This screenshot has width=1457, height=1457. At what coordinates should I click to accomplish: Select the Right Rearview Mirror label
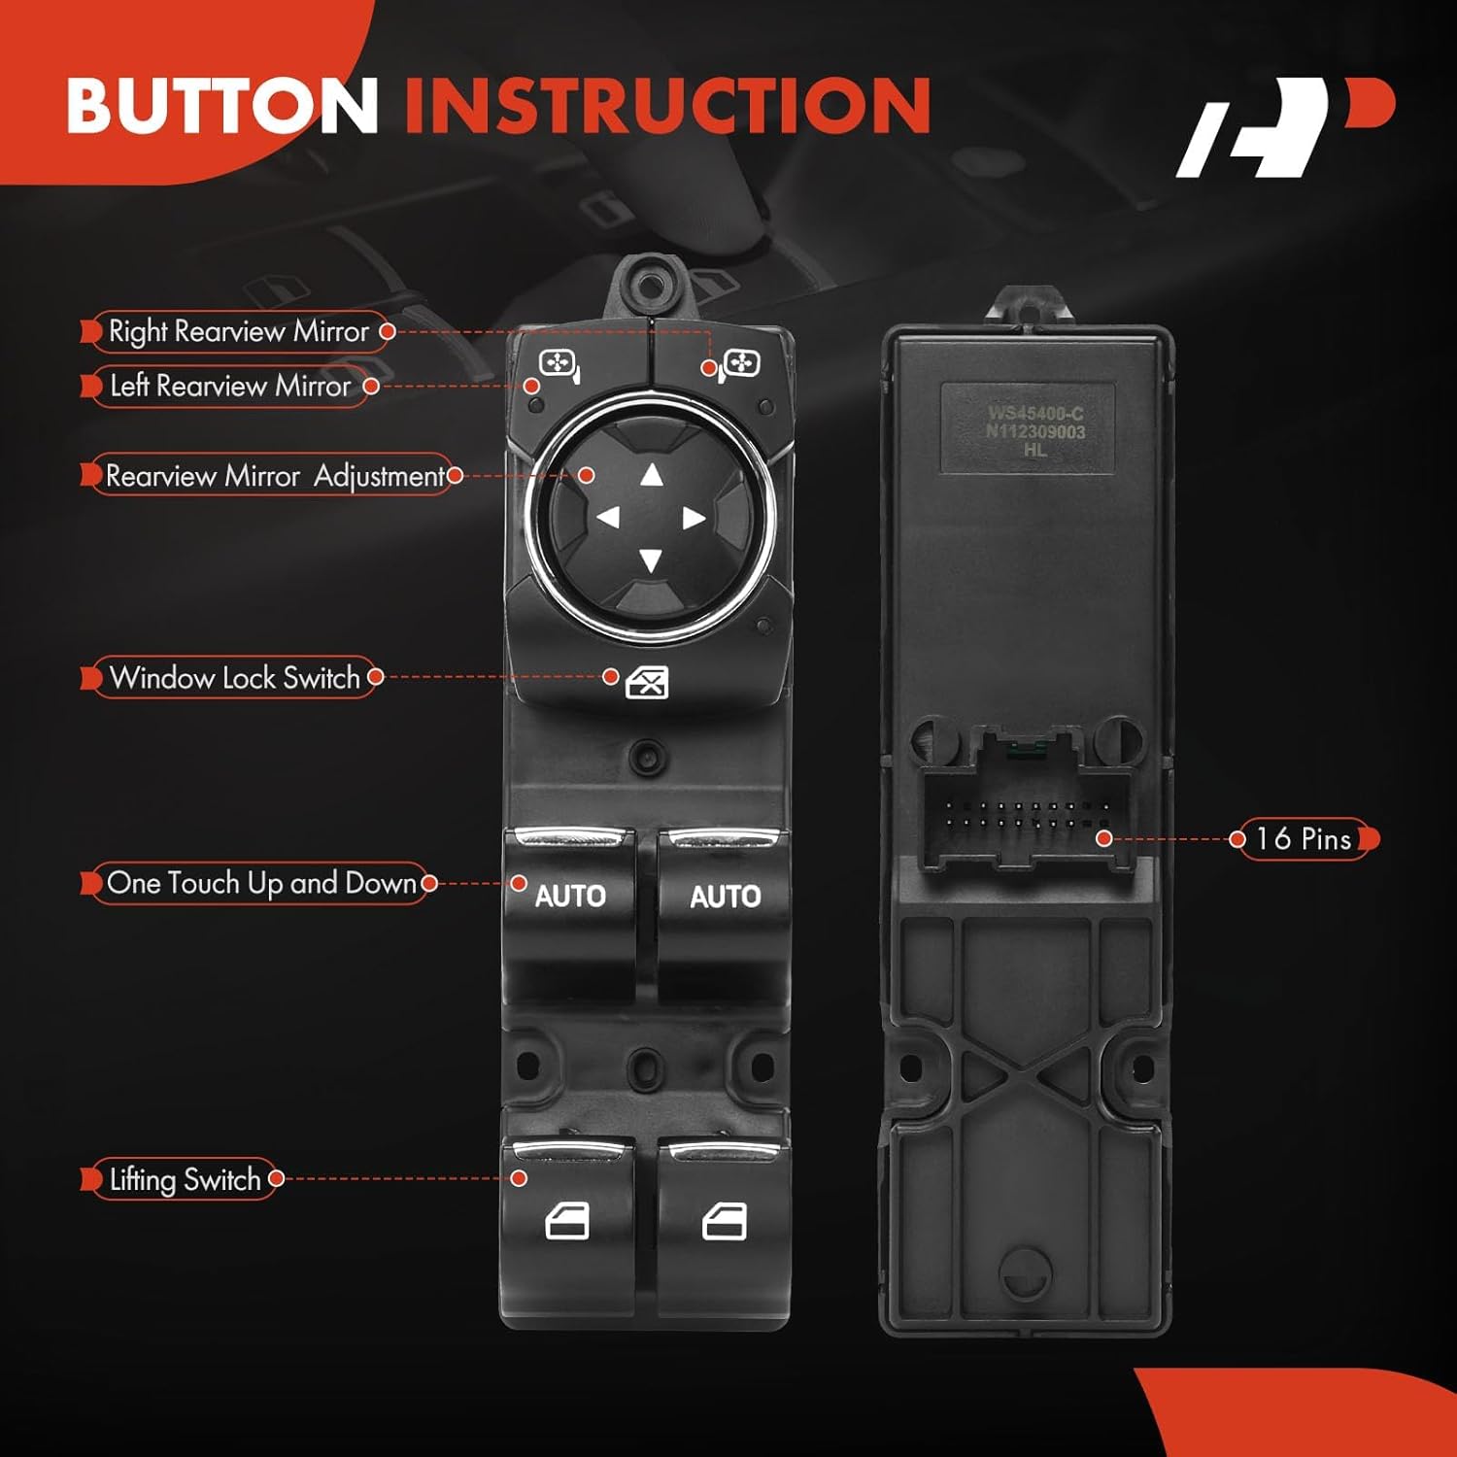coord(238,331)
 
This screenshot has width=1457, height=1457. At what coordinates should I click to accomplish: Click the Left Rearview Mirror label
coord(230,386)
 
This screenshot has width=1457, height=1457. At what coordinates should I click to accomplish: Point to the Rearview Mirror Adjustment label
coord(274,476)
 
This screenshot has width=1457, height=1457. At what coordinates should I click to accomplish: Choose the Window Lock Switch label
coord(233,677)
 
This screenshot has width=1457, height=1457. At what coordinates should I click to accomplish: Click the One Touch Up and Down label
coord(260,883)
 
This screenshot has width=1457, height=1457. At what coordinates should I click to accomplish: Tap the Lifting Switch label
coord(184,1179)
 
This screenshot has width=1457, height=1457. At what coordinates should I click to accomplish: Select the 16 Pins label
coord(1303,838)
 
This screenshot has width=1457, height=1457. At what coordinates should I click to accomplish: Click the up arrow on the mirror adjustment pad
coord(651,475)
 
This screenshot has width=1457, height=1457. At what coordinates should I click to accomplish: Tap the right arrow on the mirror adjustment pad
coord(694,518)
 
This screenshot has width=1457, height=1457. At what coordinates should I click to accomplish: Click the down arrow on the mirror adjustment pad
coord(651,560)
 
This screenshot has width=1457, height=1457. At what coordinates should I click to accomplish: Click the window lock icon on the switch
coord(647,683)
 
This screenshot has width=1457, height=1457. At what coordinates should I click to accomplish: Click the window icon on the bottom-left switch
coord(567,1222)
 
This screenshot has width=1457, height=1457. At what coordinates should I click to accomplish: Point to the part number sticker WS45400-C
coord(1035,430)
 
